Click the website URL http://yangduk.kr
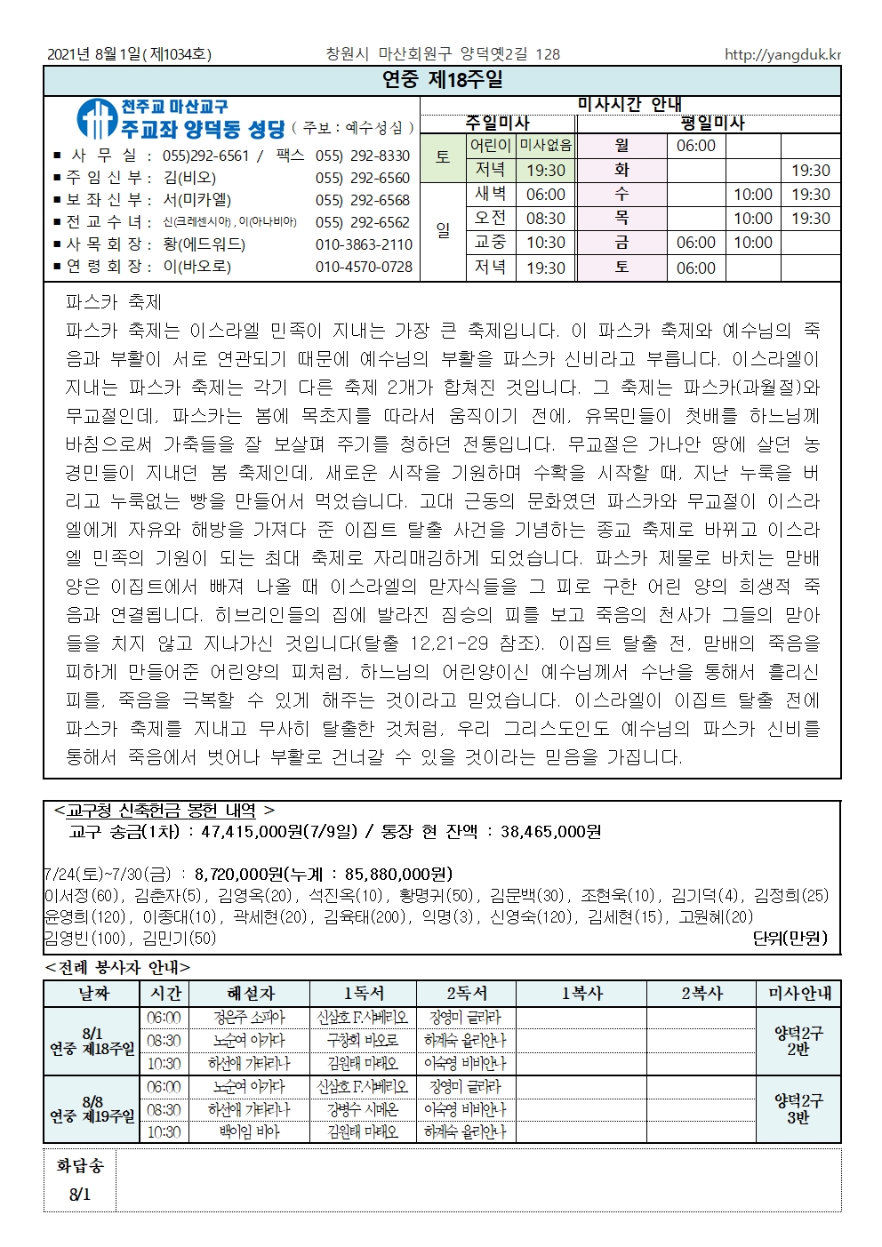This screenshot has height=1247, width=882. (782, 54)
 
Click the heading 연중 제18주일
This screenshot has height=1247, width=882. (442, 80)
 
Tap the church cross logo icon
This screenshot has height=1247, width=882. (95, 119)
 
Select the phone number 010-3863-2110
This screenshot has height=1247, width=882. (364, 244)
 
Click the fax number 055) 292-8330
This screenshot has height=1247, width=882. (363, 156)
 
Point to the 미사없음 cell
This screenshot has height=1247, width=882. (545, 145)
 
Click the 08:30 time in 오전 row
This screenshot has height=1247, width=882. (545, 219)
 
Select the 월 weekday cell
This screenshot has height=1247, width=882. (621, 145)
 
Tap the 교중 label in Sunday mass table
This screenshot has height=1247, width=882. (490, 243)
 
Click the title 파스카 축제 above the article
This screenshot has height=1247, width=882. (114, 302)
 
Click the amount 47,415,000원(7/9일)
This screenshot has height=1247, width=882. (279, 832)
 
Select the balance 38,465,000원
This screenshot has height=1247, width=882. (550, 832)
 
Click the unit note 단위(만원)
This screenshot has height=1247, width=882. (789, 938)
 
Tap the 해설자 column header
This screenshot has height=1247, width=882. (251, 994)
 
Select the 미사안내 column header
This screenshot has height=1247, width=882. (798, 994)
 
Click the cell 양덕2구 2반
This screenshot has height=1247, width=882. (798, 1041)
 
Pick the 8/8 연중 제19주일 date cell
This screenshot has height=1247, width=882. (92, 1109)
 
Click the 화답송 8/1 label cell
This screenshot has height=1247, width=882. (79, 1179)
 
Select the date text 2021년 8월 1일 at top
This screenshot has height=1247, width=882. (93, 54)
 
